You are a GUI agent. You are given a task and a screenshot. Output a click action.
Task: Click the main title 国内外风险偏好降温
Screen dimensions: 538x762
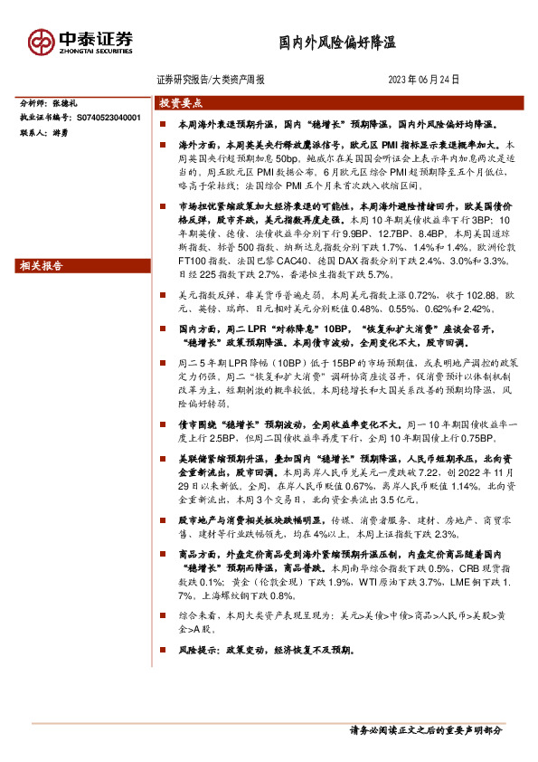[x=336, y=43]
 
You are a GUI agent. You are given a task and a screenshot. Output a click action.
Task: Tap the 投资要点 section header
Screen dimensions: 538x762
[x=181, y=103]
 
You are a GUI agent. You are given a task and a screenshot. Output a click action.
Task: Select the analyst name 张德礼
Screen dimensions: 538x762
[x=77, y=104]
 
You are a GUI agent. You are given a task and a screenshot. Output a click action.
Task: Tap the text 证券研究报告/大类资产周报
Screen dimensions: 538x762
[x=211, y=80]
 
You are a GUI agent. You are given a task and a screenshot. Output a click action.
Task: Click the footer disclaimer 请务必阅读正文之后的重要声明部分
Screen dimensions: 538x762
[x=425, y=729]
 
